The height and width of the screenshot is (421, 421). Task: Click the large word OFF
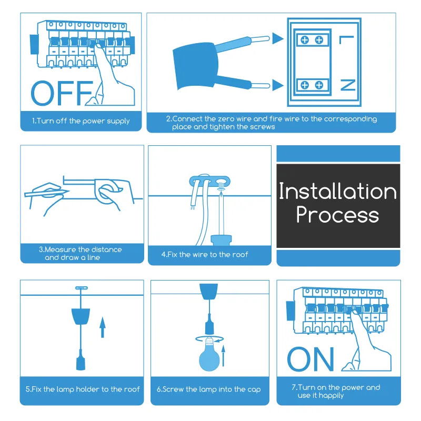(x=62, y=93)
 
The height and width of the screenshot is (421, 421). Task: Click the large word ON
(x=310, y=359)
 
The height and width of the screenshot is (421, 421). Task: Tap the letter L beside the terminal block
(x=347, y=39)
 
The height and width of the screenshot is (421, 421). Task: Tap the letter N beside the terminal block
(x=348, y=85)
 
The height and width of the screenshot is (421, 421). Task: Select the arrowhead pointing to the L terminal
(x=277, y=38)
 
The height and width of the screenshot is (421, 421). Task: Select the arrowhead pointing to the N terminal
(x=277, y=85)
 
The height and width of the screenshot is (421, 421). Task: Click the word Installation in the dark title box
(x=337, y=191)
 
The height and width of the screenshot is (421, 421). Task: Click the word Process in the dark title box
(x=337, y=215)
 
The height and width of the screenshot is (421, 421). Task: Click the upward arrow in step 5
(x=102, y=327)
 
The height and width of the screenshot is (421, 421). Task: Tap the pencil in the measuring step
(x=47, y=192)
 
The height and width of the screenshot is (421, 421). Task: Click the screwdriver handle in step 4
(x=221, y=240)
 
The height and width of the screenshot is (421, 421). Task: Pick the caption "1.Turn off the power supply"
(x=81, y=121)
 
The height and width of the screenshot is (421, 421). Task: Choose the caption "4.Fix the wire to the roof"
(x=205, y=255)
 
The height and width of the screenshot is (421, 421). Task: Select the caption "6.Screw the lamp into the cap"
(x=209, y=389)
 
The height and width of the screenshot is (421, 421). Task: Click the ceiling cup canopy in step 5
(x=81, y=316)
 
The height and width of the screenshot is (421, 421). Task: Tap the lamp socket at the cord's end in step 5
(x=81, y=360)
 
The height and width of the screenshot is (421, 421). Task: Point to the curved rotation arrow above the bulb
(x=209, y=339)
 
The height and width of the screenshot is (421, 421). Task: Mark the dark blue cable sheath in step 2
(x=195, y=65)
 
